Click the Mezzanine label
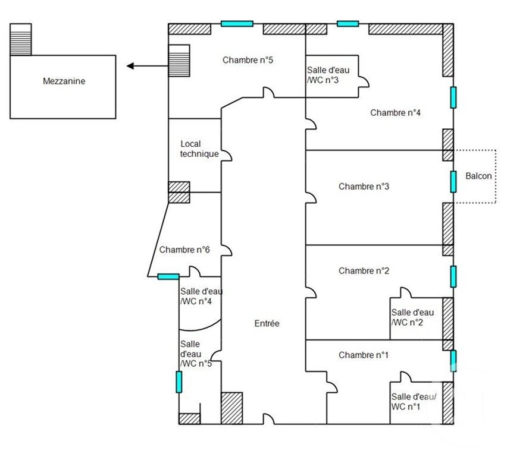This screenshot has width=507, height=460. pos(64,81)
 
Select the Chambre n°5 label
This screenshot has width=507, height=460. pos(248,60)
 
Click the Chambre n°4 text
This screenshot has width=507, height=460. pos(396,113)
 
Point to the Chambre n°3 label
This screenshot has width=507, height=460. pos(364,187)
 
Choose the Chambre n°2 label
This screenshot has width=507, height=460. pos(364,271)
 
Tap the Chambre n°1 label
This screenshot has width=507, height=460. pos(363,355)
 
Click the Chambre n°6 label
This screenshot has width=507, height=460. pos(184,250)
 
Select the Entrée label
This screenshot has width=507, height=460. pos(267,324)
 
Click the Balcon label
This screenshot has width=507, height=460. pos(478,177)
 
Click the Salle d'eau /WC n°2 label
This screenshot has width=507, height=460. pos(412,317)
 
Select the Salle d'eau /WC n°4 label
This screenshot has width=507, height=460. pos(197,296)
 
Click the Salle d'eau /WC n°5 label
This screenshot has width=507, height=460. pos(195,354)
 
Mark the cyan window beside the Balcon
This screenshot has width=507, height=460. pos(453,181)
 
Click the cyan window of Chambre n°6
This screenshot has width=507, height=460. pos(168,276)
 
